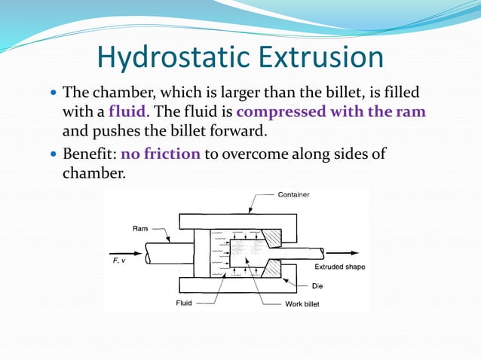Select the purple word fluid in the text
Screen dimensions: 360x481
click(127, 112)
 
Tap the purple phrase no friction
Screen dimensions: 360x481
click(160, 154)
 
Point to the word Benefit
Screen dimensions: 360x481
click(87, 154)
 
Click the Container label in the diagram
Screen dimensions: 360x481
click(293, 194)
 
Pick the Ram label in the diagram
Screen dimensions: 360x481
click(140, 227)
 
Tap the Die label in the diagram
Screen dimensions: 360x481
click(317, 286)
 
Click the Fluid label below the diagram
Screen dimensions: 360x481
click(183, 304)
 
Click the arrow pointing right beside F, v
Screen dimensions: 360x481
click(124, 251)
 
